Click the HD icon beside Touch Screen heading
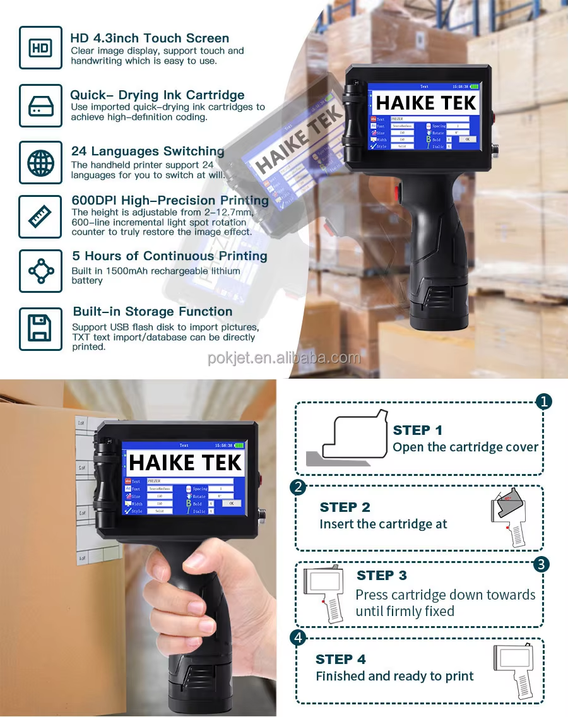click(x=40, y=47)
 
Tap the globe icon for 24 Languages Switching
click(x=40, y=163)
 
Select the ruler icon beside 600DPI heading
click(x=40, y=216)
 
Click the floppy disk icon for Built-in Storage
click(x=40, y=328)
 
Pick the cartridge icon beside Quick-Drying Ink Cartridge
click(x=40, y=105)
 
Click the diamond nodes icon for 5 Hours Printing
click(x=40, y=271)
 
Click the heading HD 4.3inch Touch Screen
click(x=150, y=38)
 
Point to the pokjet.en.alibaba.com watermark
click(x=284, y=358)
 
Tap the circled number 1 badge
click(x=543, y=401)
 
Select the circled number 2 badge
click(x=298, y=487)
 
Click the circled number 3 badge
click(x=541, y=564)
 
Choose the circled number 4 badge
click(x=298, y=637)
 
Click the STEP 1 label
click(x=417, y=430)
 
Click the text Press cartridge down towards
click(x=445, y=595)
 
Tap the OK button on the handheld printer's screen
click(x=231, y=503)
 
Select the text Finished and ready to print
click(x=394, y=676)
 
